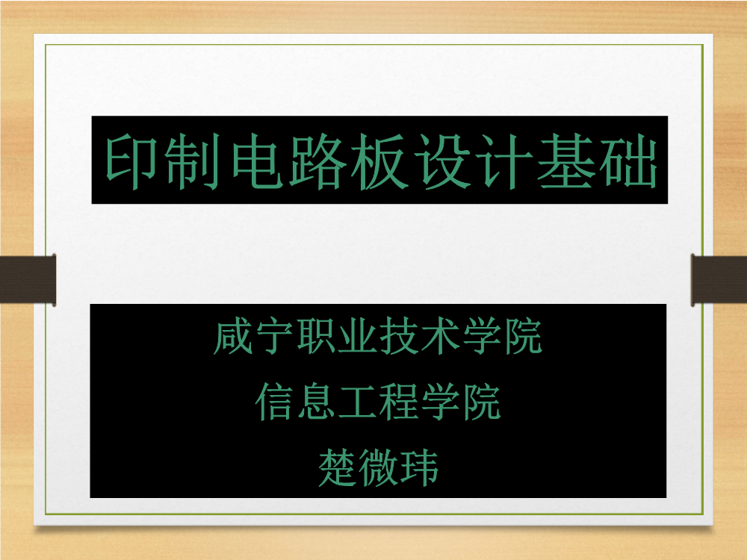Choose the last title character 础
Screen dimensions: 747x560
[x=628, y=161]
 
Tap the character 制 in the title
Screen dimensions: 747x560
[x=193, y=161]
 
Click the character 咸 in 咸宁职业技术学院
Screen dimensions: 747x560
[x=232, y=337]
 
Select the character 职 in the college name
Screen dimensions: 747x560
[x=315, y=337]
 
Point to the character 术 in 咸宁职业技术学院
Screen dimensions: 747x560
[x=439, y=337]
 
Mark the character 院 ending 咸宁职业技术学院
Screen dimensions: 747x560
[x=523, y=337]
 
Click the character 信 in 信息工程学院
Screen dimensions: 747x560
[x=274, y=402]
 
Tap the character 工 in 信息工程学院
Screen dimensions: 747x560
[x=357, y=402]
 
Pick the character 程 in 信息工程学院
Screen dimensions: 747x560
[x=398, y=402]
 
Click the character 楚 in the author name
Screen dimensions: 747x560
[x=337, y=467]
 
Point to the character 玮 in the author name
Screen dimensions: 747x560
[x=419, y=467]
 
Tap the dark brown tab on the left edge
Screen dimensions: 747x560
[x=28, y=279]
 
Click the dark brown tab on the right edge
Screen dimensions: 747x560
[x=719, y=279]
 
